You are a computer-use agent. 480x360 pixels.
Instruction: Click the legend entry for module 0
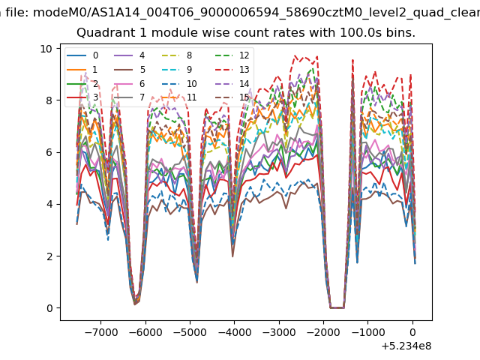(82, 55)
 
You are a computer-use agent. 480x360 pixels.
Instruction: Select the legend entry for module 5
(130, 70)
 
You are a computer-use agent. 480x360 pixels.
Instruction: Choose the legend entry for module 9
(177, 70)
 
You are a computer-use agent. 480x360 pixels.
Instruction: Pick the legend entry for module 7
(130, 97)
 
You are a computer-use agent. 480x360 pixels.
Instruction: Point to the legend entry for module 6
(130, 83)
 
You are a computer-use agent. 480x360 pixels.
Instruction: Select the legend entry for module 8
(177, 55)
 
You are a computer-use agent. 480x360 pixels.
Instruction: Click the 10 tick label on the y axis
(46, 49)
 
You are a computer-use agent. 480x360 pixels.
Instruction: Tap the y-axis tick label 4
(49, 204)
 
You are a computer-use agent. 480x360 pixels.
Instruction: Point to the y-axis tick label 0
(49, 308)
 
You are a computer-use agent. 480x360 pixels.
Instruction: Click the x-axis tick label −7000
(100, 332)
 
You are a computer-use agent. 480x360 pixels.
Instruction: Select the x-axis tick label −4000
(235, 332)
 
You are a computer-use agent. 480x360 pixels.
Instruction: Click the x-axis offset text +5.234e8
(406, 346)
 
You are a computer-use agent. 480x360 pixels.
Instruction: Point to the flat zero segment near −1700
(337, 307)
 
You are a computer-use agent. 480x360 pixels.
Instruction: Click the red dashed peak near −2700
(295, 55)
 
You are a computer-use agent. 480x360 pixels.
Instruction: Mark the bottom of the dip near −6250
(134, 304)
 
